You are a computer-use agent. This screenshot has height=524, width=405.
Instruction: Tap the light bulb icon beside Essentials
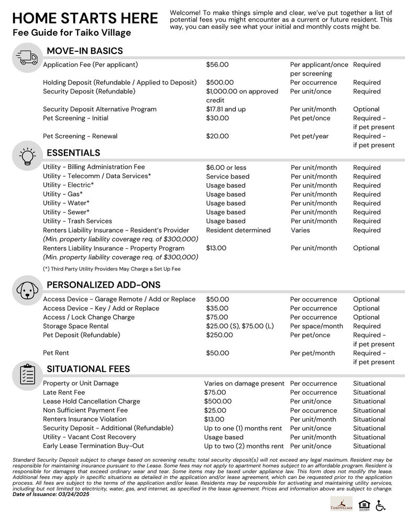coord(27,156)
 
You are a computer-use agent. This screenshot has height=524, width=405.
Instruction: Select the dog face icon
coord(27,290)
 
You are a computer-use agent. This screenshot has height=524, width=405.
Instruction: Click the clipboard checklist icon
coord(27,374)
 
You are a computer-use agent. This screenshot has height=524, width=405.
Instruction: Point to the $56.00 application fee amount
coord(217,65)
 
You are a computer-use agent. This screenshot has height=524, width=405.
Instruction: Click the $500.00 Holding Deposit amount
coord(220,83)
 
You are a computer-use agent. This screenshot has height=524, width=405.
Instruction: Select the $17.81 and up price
coord(226,110)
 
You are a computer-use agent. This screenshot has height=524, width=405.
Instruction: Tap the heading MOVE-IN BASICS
coord(85,51)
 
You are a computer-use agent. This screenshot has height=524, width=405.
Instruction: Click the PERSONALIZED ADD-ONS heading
coord(104,285)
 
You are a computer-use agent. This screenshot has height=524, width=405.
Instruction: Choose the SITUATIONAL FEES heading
coord(89,369)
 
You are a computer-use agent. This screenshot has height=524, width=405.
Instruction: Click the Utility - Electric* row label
coord(69,185)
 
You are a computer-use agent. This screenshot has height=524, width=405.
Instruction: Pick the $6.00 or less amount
coord(226,168)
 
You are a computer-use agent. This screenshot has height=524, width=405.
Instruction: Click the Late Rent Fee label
coord(64,392)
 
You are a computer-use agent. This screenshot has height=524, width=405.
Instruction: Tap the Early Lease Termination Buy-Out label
coord(93,446)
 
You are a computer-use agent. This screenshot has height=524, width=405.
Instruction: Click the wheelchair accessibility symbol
coord(380,505)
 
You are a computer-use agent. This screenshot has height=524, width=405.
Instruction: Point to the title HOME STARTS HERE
coord(85,18)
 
